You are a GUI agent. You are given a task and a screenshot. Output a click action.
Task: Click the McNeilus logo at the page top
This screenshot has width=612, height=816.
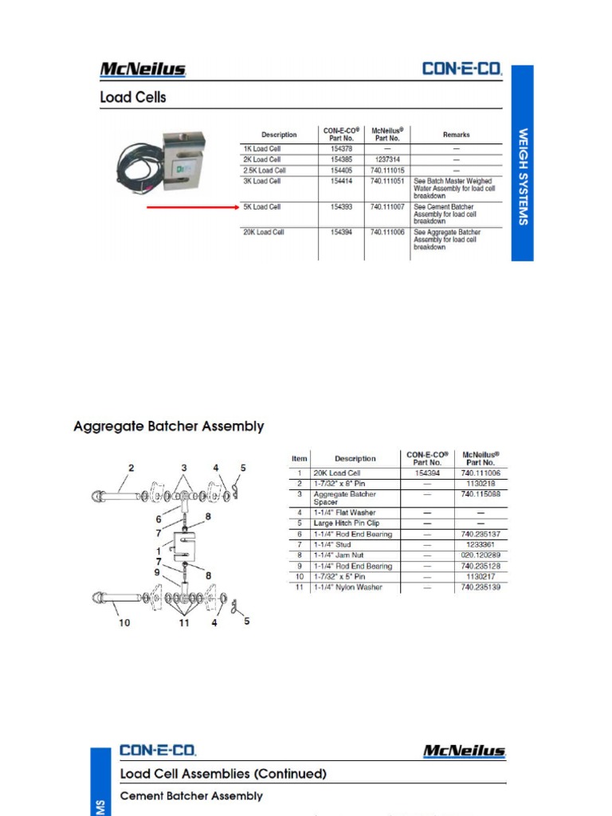[143, 70]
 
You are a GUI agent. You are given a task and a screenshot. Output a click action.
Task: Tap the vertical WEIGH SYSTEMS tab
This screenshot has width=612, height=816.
[523, 176]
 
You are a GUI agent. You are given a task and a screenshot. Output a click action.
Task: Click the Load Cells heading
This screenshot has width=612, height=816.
[133, 98]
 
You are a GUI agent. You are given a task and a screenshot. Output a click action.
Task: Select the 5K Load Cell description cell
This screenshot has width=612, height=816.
[262, 207]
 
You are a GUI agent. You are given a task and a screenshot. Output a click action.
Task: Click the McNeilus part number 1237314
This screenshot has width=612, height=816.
[387, 159]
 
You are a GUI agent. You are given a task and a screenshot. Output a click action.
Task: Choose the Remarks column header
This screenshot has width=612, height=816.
[456, 135]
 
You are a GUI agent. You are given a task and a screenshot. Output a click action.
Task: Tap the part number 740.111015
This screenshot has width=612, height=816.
[387, 171]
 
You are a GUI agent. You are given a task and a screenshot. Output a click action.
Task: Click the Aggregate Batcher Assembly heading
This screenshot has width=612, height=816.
[169, 426]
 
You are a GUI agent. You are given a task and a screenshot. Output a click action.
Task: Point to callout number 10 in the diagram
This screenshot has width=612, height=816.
[124, 622]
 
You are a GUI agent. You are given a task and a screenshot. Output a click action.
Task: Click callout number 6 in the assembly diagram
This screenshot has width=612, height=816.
[159, 519]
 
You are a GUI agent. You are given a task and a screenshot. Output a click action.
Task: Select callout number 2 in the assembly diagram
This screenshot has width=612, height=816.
[131, 468]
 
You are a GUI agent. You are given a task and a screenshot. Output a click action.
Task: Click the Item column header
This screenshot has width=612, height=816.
[299, 458]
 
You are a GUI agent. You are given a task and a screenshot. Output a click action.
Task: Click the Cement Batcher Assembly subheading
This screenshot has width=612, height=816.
[190, 796]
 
